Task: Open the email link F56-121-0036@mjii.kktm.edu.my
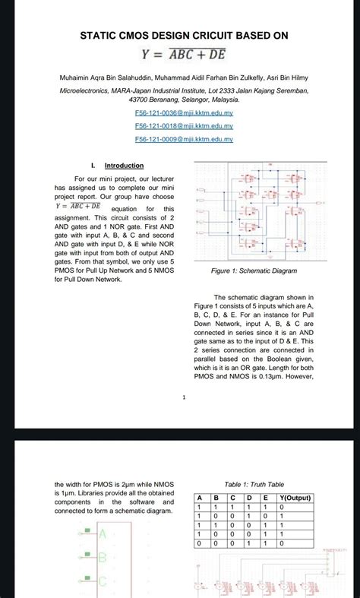pos(183,112)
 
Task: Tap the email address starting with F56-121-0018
pos(183,126)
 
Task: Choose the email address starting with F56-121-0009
pos(183,140)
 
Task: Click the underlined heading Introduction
pos(124,166)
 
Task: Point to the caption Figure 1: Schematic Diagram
pos(254,271)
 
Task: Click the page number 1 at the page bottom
pos(184,397)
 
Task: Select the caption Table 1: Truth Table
pos(254,484)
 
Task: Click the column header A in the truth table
pos(201,497)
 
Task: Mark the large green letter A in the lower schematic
pos(103,534)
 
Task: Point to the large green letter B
pos(103,558)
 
